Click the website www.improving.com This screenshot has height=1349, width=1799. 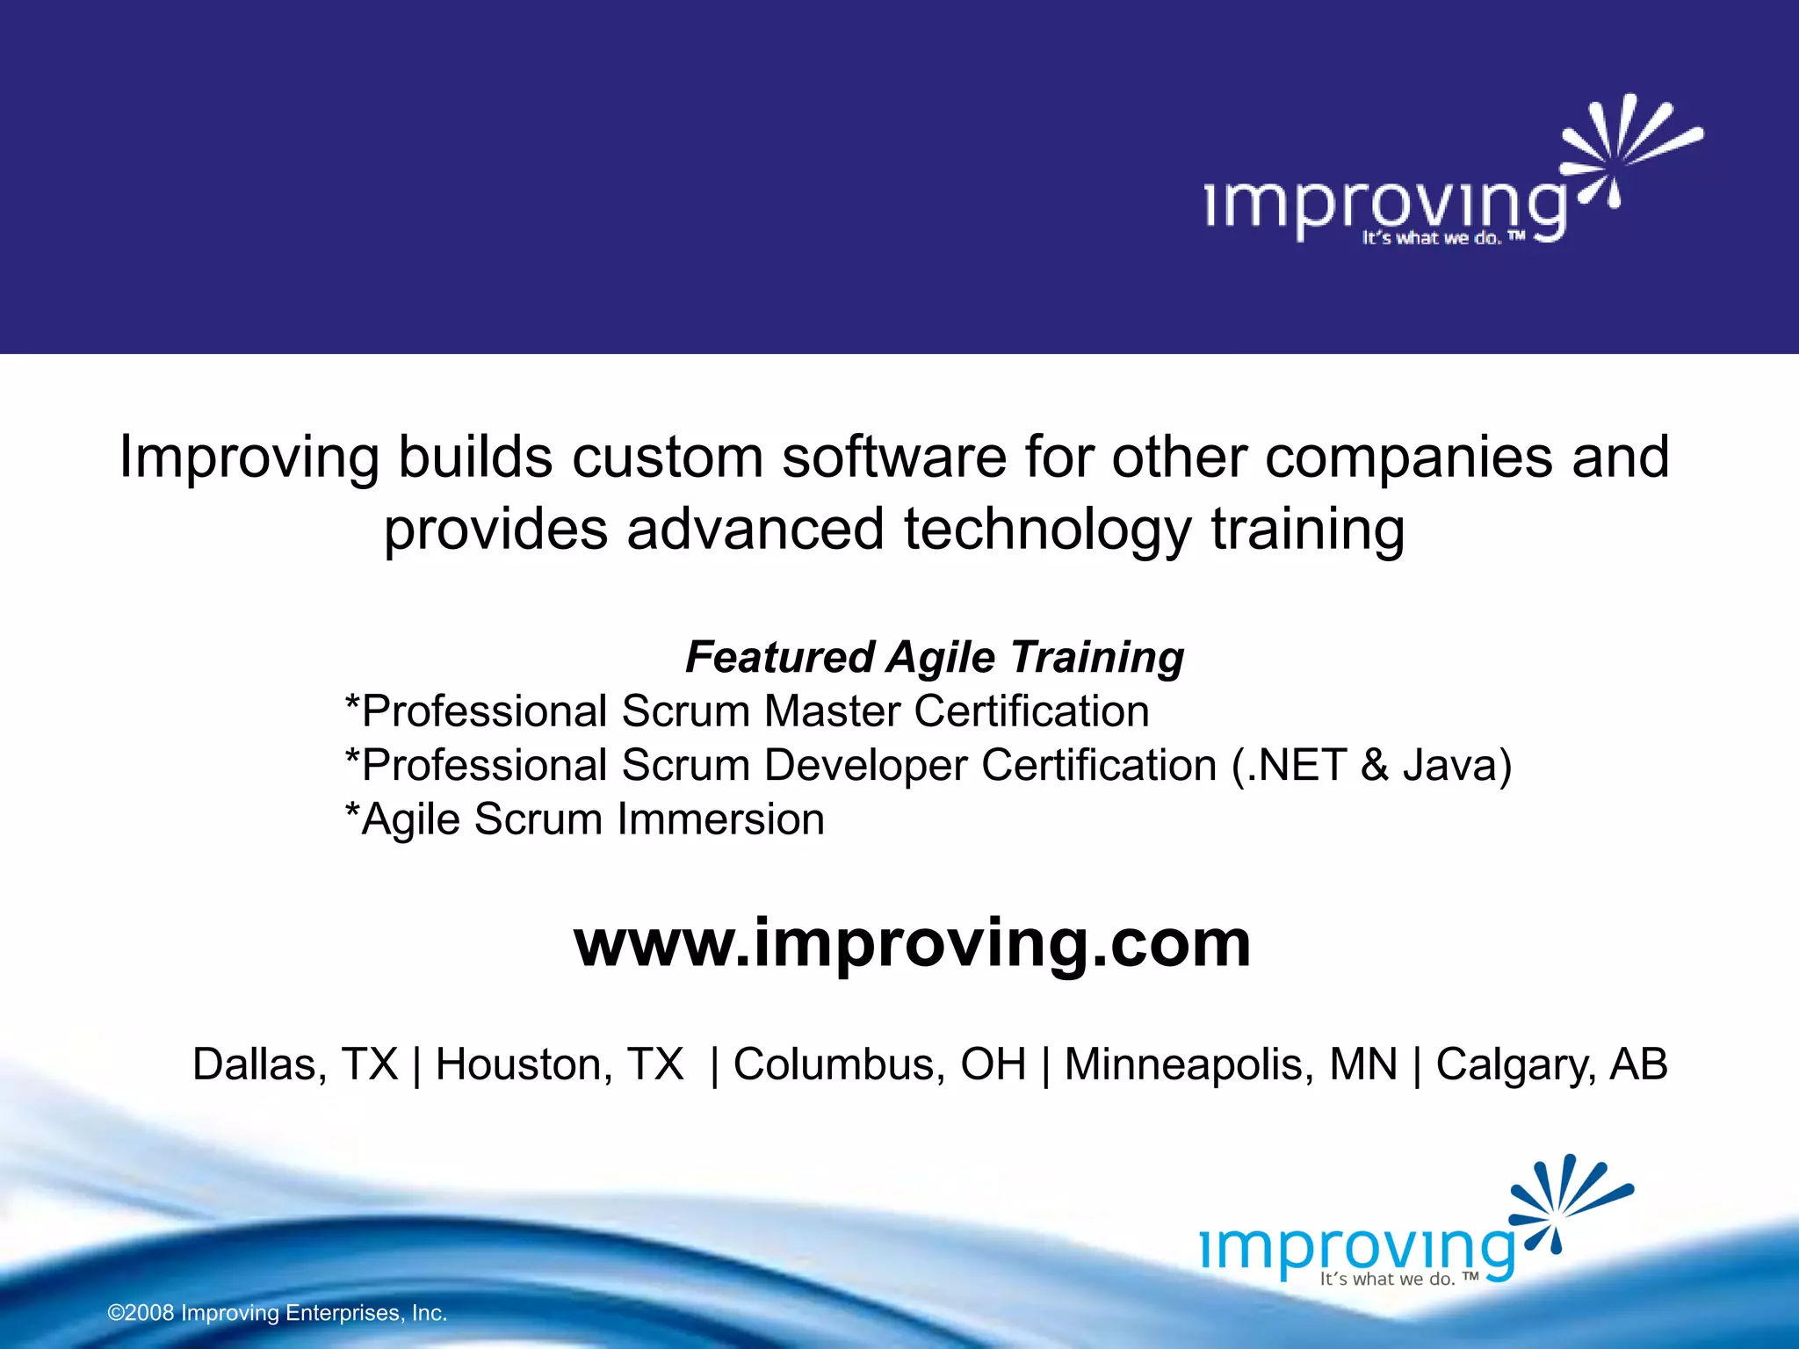[912, 943]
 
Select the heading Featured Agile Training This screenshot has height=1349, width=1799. [934, 657]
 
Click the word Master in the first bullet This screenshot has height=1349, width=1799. [832, 711]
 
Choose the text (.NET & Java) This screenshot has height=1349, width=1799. [1371, 765]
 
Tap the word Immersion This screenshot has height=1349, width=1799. [720, 819]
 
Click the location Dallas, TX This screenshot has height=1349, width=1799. [295, 1064]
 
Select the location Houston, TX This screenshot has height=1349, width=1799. [560, 1064]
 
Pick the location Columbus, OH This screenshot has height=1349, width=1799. [879, 1064]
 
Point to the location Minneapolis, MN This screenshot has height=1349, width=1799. [1231, 1064]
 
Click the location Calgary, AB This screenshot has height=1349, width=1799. [1551, 1064]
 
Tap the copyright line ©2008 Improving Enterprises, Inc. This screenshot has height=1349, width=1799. [278, 1313]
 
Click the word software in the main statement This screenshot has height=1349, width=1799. [893, 458]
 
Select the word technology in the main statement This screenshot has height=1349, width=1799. [1047, 530]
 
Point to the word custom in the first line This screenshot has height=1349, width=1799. [668, 458]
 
